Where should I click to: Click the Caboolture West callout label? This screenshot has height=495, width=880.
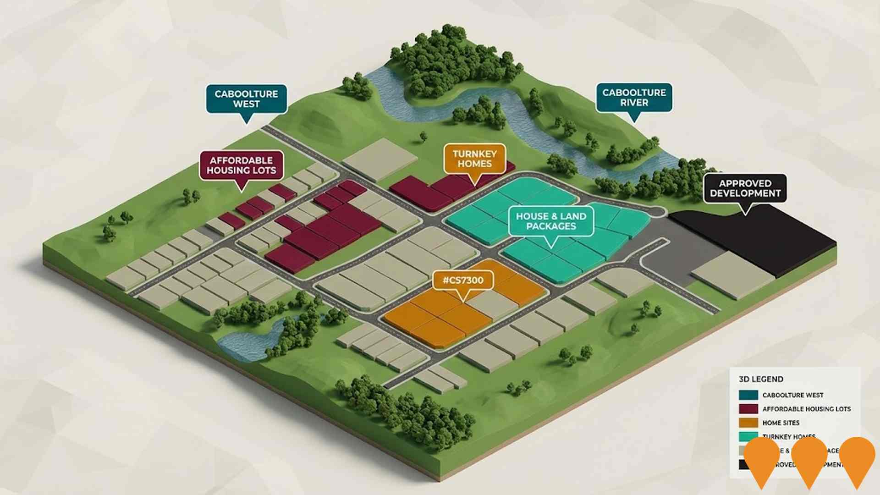[x=246, y=99]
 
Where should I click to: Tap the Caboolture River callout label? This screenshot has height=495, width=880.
[x=634, y=97]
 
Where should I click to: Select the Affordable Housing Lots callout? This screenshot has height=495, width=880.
[x=242, y=165]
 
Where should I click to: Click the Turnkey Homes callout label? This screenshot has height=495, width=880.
[x=474, y=159]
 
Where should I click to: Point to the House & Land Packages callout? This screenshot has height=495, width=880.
[x=551, y=221]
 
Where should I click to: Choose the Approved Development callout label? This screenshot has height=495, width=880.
[x=745, y=188]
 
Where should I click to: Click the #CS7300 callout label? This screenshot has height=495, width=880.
[x=463, y=280]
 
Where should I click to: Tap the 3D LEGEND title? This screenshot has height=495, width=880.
[x=761, y=379]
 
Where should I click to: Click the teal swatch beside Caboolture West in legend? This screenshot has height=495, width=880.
[x=748, y=395]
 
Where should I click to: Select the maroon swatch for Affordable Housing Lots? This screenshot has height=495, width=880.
[x=748, y=409]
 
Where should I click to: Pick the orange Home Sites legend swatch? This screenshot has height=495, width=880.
[x=748, y=423]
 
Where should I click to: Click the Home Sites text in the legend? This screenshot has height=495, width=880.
[x=781, y=423]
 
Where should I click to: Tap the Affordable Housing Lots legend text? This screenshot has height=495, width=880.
[x=806, y=409]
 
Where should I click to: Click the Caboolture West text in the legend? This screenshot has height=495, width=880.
[x=792, y=395]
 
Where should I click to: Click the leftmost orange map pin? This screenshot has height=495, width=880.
[x=762, y=458]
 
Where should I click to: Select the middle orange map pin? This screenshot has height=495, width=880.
[x=809, y=458]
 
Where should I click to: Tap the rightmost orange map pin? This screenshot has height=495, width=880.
[x=857, y=458]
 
